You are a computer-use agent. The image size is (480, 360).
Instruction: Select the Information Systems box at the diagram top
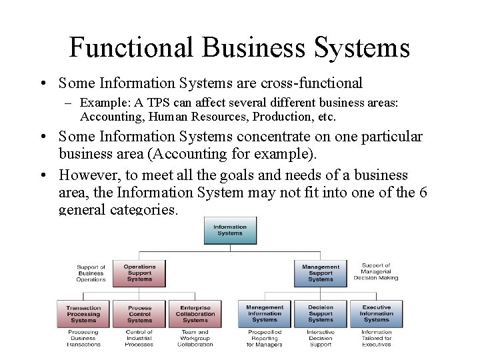pyautogui.click(x=230, y=231)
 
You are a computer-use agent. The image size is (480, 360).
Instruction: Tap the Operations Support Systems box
pyautogui.click(x=139, y=273)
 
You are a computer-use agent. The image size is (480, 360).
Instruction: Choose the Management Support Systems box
pyautogui.click(x=321, y=273)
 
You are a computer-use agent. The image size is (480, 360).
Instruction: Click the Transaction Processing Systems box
pyautogui.click(x=83, y=314)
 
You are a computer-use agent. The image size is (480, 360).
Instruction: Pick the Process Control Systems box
pyautogui.click(x=139, y=314)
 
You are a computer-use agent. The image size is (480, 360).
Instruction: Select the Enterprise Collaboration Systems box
pyautogui.click(x=195, y=314)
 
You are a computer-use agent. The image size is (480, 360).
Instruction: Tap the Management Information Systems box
pyautogui.click(x=265, y=314)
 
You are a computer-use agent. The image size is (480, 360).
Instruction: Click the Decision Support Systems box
pyautogui.click(x=321, y=314)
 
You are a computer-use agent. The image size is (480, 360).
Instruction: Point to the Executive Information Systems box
pyautogui.click(x=377, y=314)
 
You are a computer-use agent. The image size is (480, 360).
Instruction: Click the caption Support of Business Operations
pyautogui.click(x=91, y=273)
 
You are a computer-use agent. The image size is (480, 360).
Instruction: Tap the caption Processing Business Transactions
pyautogui.click(x=83, y=338)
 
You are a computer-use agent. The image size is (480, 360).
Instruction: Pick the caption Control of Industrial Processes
pyautogui.click(x=139, y=338)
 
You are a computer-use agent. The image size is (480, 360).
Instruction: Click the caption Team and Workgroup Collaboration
pyautogui.click(x=195, y=338)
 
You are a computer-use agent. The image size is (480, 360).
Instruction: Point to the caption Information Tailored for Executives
pyautogui.click(x=377, y=338)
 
